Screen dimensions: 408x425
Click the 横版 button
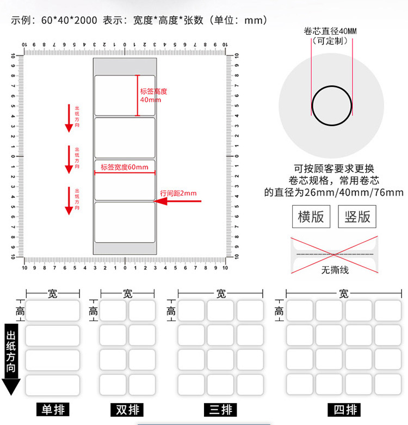coord(311,217)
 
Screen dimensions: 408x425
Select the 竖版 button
coord(357,217)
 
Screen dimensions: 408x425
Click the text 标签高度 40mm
coord(153,96)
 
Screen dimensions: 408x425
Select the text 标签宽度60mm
coord(125,167)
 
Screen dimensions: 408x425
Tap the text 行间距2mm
coord(178,193)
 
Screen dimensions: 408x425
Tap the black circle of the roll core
coord(312,105)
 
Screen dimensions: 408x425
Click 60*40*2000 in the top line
coord(70,21)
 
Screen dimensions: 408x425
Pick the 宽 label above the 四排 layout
coord(343,294)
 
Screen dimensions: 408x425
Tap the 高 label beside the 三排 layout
coord(171,312)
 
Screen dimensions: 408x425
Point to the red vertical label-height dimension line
coord(137,96)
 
